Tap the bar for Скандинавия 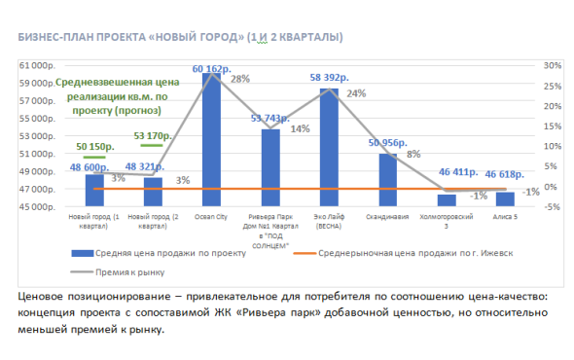[x=387, y=180]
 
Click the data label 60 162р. [x=212, y=69]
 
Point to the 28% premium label [x=240, y=79]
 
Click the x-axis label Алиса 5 [x=505, y=219]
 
